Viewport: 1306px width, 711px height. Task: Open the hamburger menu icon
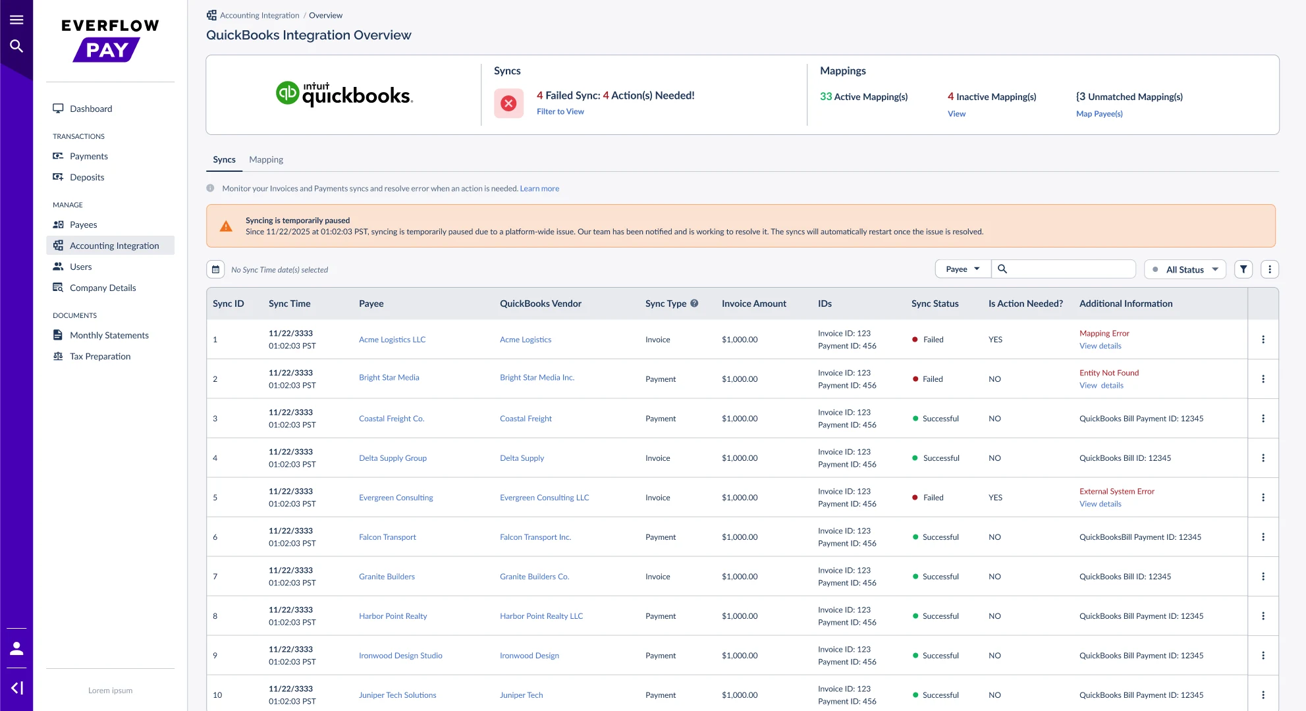(16, 20)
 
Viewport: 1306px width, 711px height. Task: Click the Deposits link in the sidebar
(87, 177)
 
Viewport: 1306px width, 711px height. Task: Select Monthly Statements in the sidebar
(109, 335)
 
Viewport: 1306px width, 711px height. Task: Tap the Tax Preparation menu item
(100, 356)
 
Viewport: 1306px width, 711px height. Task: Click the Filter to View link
(560, 111)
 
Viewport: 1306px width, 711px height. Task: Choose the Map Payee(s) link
(1099, 114)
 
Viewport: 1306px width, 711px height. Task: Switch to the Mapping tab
(266, 159)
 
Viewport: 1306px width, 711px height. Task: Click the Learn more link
(539, 188)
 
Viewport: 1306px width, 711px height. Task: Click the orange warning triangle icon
(226, 226)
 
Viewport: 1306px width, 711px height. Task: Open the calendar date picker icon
(215, 269)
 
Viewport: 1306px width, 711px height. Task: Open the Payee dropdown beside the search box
(963, 269)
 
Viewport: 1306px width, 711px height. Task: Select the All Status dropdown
(1185, 269)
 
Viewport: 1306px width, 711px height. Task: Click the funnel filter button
(1243, 269)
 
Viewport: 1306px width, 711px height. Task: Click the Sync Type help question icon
(694, 303)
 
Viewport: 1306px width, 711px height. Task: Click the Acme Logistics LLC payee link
(393, 340)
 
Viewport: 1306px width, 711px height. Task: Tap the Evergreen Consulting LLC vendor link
(545, 498)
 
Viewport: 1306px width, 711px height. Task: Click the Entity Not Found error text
(1109, 373)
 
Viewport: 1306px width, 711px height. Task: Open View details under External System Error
(1101, 504)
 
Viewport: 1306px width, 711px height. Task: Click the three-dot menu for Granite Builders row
(1263, 577)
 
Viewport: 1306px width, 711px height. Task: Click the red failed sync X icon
(508, 103)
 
